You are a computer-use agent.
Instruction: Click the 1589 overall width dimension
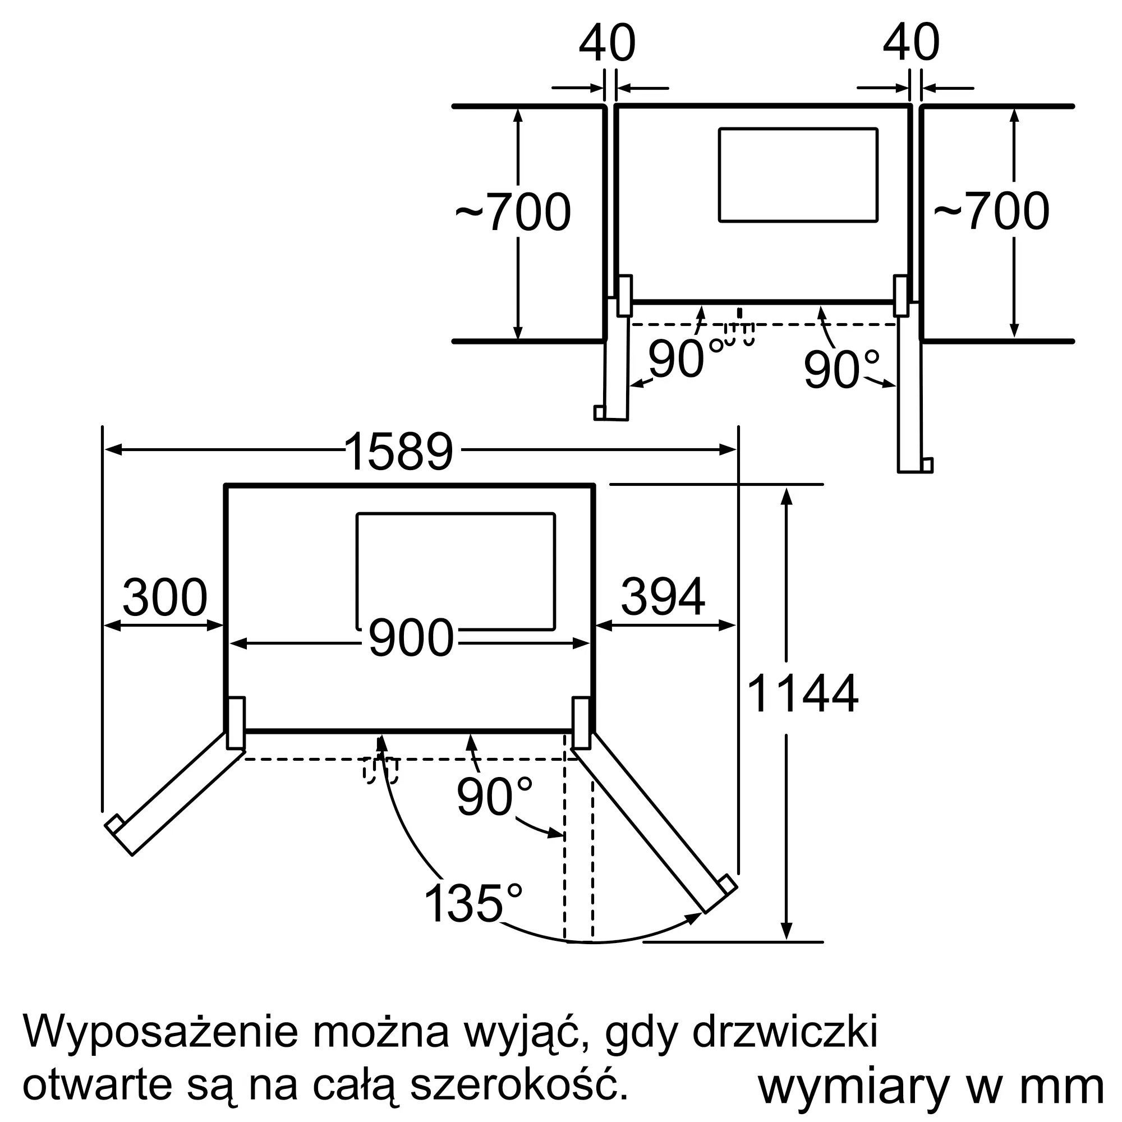pos(398,451)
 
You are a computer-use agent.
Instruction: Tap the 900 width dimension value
pos(411,638)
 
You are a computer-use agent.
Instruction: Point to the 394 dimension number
pos(663,597)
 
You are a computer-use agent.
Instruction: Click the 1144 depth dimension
pos(803,693)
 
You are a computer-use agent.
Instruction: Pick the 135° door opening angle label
pos(473,904)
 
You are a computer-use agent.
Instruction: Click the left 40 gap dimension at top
pos(608,43)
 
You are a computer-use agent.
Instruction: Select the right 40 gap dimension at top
pos(911,43)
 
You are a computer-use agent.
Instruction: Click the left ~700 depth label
pos(513,213)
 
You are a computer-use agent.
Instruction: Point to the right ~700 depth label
pos(991,211)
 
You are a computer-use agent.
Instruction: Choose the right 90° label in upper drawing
pos(842,369)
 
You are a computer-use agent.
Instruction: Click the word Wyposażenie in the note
pos(160,1033)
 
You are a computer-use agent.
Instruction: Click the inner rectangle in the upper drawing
pos(798,175)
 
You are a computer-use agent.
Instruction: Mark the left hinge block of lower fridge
pos(236,723)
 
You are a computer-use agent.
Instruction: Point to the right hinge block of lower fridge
pos(581,723)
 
